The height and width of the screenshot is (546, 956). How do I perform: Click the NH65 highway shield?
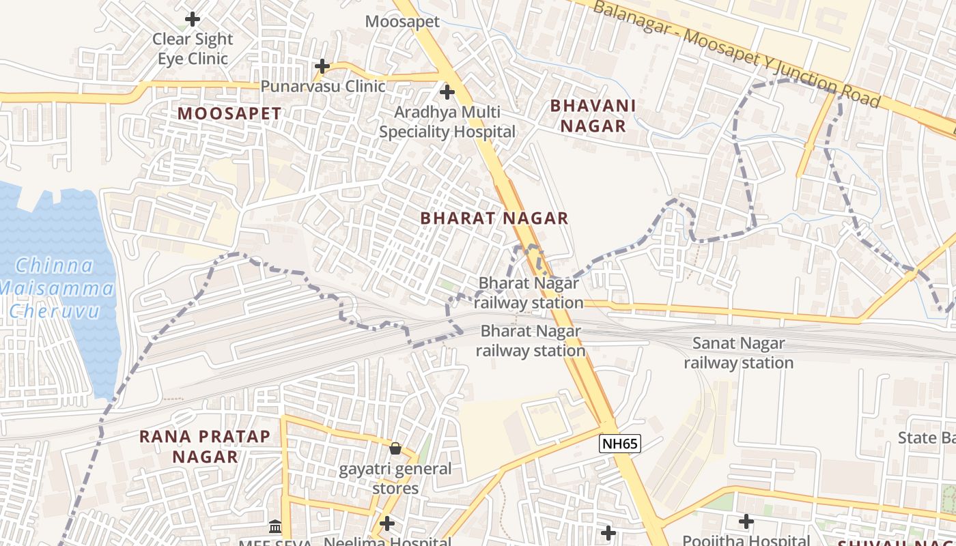point(620,444)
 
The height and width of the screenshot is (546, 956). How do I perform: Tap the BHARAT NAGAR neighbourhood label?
point(494,218)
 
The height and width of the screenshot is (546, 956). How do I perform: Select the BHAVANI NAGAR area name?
point(592,116)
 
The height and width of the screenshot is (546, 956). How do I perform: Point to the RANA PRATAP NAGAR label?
point(205,446)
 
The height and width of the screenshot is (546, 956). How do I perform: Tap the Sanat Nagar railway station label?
point(738,353)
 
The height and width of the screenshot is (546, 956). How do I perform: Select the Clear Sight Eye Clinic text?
point(193,48)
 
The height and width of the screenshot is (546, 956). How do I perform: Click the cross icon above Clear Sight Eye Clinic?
point(193,19)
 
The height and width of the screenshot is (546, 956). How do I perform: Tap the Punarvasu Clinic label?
point(323,87)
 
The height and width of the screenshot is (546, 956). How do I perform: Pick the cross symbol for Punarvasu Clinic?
point(322,66)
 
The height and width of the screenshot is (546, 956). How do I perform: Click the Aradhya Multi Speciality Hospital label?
point(447,121)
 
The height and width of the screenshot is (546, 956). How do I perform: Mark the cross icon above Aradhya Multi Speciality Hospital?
point(447,91)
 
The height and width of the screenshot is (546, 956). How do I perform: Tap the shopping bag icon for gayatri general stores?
point(395,448)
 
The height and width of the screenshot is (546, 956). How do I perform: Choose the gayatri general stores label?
point(395,478)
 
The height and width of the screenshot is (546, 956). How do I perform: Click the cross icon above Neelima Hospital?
point(387,523)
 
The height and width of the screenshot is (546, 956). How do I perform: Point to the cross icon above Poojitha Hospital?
point(746,521)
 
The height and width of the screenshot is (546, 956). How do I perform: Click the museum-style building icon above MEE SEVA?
point(275,526)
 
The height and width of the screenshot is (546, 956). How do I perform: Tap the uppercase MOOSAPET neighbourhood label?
point(229,114)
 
